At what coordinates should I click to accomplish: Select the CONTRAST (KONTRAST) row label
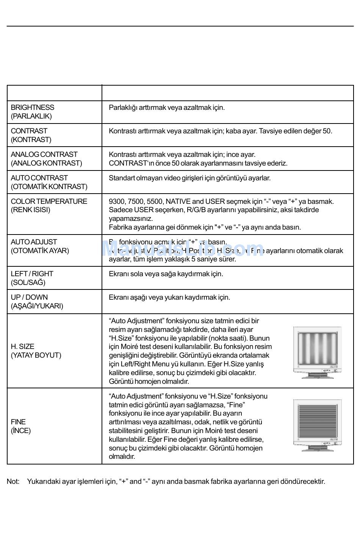[x=31, y=135]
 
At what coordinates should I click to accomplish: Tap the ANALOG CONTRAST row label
[x=46, y=159]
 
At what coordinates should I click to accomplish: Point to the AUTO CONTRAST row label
[x=49, y=182]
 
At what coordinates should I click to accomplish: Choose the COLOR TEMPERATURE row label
[x=49, y=205]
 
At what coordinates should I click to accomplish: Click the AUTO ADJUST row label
[x=40, y=246]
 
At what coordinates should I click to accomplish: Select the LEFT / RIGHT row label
[x=32, y=278]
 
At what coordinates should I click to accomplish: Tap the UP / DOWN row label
[x=37, y=302]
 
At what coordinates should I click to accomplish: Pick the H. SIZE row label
[x=36, y=351]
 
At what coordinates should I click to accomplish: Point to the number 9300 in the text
[x=116, y=202]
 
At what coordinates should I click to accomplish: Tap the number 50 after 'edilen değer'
[x=327, y=131]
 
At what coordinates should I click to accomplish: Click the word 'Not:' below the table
[x=13, y=482]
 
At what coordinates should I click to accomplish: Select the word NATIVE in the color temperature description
[x=178, y=202]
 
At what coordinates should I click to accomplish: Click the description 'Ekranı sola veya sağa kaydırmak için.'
[x=166, y=274]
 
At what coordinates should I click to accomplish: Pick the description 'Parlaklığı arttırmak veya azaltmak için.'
[x=167, y=108]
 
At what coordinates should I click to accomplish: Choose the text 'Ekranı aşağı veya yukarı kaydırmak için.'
[x=169, y=297]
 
